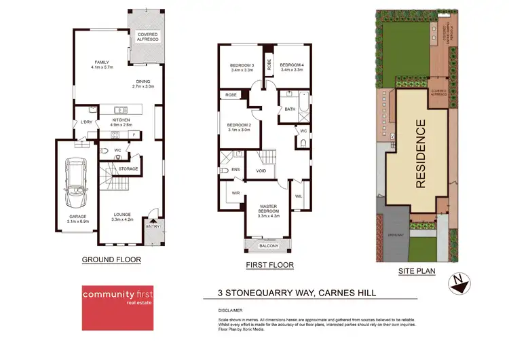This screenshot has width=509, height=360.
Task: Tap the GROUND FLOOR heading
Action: click(x=111, y=259)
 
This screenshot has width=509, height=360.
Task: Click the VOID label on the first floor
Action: click(x=261, y=171)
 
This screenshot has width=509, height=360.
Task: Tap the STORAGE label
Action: click(x=128, y=168)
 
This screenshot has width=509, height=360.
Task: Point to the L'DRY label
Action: click(x=86, y=122)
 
